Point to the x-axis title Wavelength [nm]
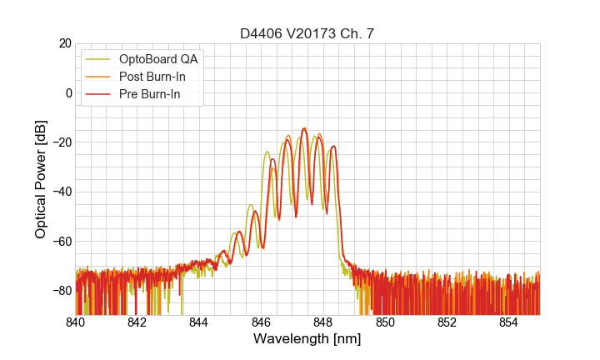[307, 340]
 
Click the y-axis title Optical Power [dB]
[40, 179]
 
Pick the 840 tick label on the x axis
[75, 322]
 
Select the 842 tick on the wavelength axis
[137, 322]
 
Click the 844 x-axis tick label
[199, 322]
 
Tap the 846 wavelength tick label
[261, 322]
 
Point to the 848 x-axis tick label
[322, 322]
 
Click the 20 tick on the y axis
[64, 43]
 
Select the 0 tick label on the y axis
[67, 92]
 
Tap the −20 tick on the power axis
[60, 142]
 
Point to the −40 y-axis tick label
[60, 192]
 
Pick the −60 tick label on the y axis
[60, 241]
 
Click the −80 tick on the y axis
[60, 290]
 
